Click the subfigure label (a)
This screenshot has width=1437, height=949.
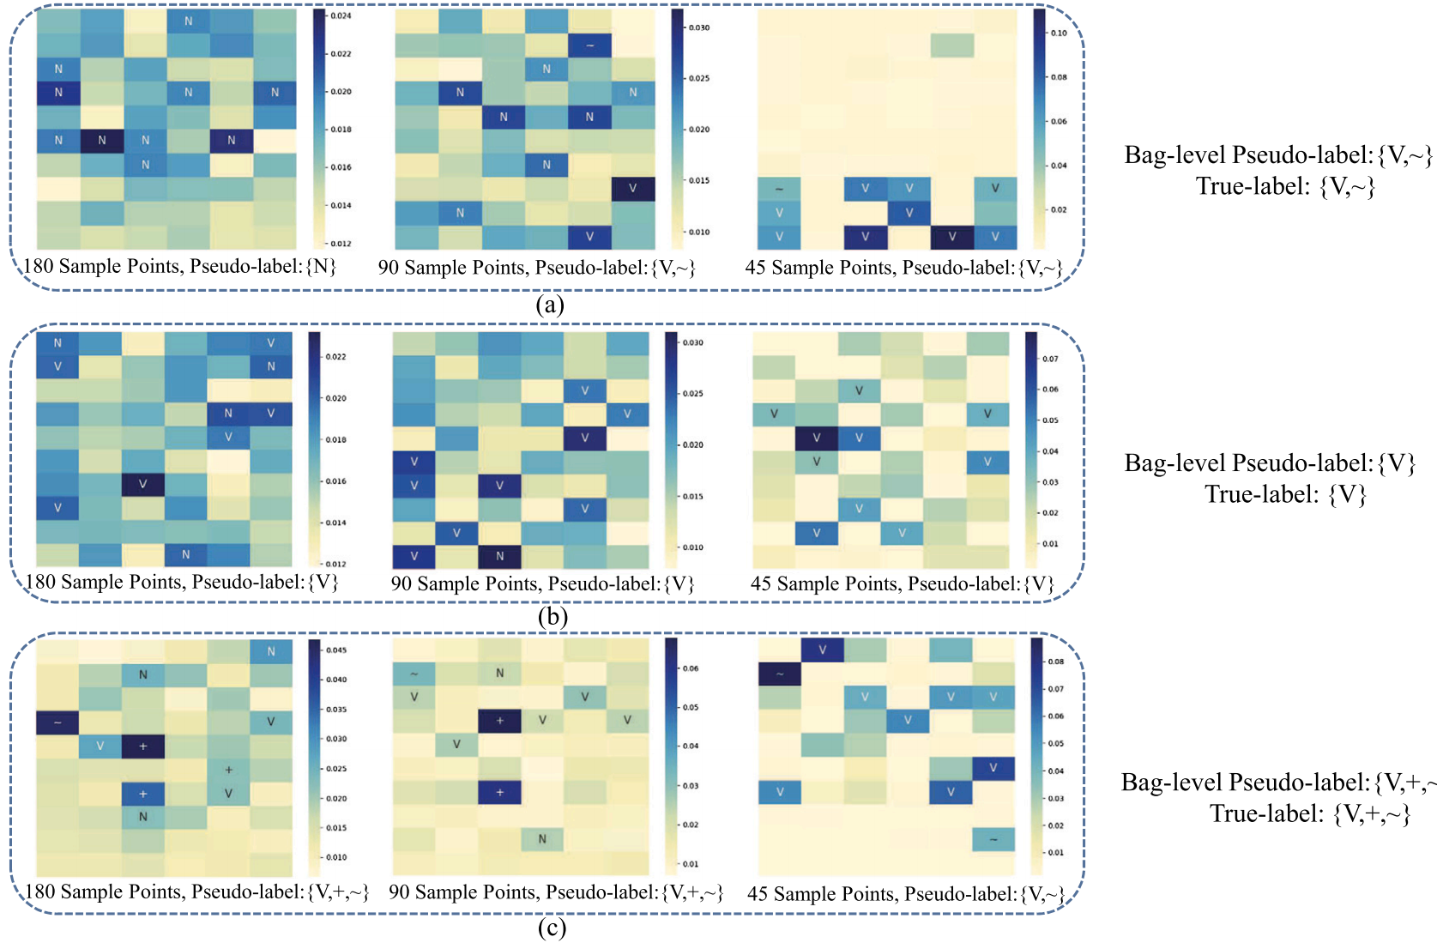tap(549, 305)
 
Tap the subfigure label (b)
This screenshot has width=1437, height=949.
tap(552, 617)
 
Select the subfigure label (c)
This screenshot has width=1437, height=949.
tap(552, 928)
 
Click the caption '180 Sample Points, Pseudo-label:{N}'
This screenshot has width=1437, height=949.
tap(179, 266)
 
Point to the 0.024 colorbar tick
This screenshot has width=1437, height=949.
tap(341, 15)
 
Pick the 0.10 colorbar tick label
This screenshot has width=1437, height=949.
tap(1059, 33)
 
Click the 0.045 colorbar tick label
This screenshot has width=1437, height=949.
tap(337, 650)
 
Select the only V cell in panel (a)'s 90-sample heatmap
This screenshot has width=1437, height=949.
tap(632, 189)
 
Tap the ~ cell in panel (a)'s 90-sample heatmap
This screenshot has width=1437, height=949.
tap(589, 45)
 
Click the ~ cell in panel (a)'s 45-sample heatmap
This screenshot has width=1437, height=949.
tap(779, 189)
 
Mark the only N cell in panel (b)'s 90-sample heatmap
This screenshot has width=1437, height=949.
tap(499, 556)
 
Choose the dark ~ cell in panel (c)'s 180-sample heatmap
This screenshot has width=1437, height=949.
tap(57, 722)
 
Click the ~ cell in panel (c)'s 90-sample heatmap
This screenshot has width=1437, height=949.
tap(414, 674)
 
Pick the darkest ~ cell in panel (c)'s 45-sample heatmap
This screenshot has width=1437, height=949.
tap(780, 674)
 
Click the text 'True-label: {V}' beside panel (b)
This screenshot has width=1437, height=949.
tap(1285, 494)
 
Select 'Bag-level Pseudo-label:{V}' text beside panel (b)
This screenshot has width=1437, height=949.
tap(1270, 463)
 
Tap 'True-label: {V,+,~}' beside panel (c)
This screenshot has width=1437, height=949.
tap(1310, 813)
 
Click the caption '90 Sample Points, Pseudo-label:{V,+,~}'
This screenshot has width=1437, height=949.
tap(556, 892)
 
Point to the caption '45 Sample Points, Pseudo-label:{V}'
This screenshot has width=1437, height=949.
tap(902, 584)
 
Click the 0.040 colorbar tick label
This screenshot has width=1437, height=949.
tap(337, 680)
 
